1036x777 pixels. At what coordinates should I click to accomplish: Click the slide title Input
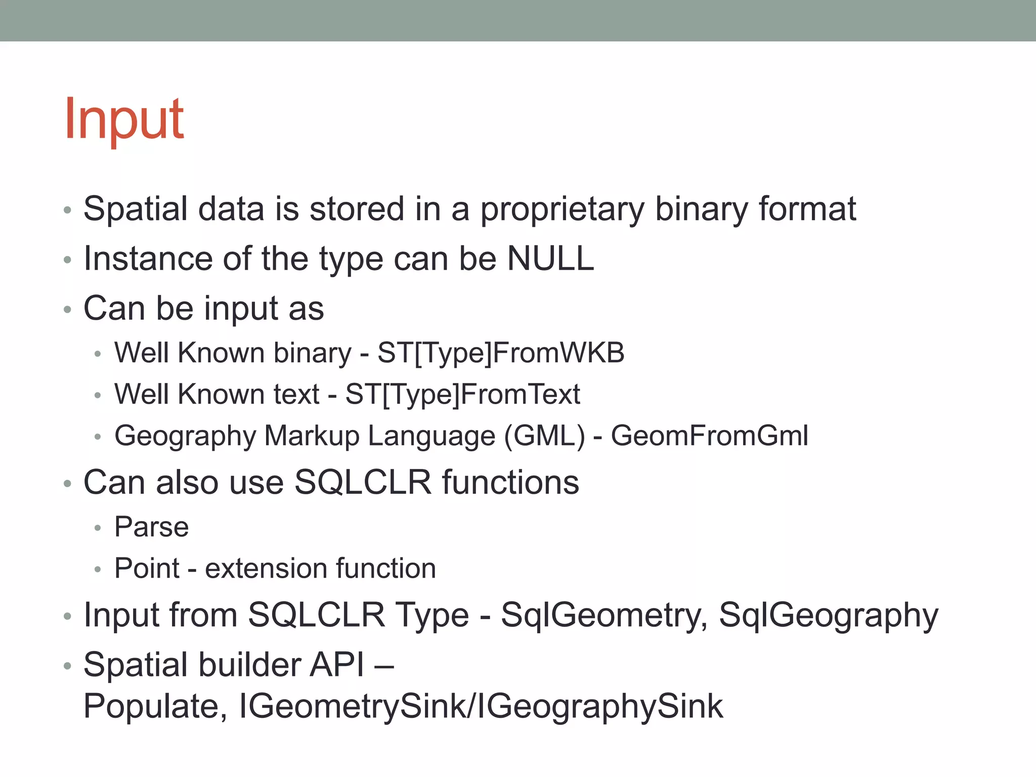coord(124,119)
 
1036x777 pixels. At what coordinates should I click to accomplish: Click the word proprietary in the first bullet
coord(562,209)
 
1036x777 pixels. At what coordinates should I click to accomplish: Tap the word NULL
coord(550,258)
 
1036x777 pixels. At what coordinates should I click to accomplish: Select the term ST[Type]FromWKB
coord(501,353)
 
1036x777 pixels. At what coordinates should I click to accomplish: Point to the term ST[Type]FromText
coord(462,394)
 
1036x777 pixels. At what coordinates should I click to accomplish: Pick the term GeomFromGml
coord(709,436)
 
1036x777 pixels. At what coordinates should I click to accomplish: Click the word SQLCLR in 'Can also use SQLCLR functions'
coord(363,482)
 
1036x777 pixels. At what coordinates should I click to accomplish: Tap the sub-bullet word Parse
coord(151,527)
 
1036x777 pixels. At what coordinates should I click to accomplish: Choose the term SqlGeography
coord(828,615)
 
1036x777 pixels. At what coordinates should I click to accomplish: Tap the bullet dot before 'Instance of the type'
coord(68,260)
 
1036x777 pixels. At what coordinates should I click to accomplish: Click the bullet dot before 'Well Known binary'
coord(98,354)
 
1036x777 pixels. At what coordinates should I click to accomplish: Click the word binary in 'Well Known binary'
coord(312,353)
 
